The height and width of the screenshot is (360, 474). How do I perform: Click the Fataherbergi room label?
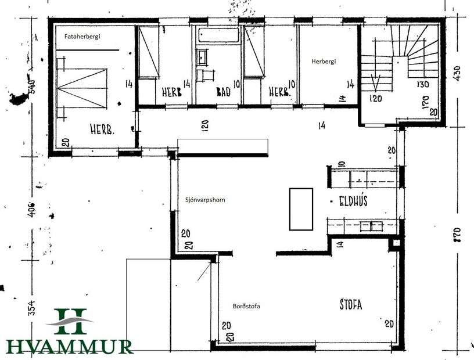point(82,37)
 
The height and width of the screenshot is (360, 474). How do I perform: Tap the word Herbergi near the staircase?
point(324,60)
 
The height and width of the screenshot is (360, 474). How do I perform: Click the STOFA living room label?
point(350,304)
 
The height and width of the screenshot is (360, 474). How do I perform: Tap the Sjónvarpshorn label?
point(201,199)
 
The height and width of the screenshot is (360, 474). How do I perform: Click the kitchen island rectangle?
point(301,209)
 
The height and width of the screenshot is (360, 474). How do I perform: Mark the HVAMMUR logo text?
point(70,347)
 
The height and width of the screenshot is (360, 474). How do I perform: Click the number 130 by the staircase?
point(422,84)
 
